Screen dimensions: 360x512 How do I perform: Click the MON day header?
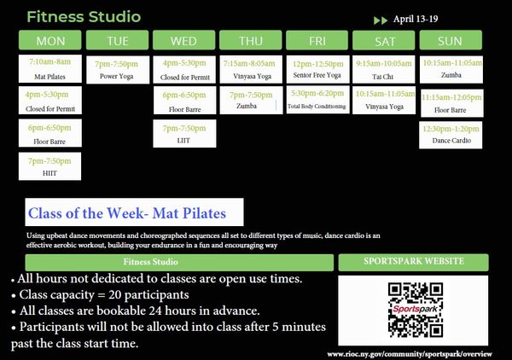pos(50,41)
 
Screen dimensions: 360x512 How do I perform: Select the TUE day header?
pos(118,41)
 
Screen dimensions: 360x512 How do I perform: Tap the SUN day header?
pos(450,41)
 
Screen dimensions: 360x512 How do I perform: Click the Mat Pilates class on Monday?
pos(50,69)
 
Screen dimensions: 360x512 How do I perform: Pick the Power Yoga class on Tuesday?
pos(118,69)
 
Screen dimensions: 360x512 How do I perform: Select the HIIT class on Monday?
pos(50,166)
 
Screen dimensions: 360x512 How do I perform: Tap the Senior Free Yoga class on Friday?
pos(317,69)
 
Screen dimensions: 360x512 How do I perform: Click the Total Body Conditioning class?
pos(317,100)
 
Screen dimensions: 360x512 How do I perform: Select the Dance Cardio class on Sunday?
pos(451,133)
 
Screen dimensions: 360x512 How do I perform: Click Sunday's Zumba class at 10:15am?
pos(451,68)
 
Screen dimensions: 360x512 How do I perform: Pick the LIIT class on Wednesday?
pos(184,133)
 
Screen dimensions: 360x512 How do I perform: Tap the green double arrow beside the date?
pos(381,20)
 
